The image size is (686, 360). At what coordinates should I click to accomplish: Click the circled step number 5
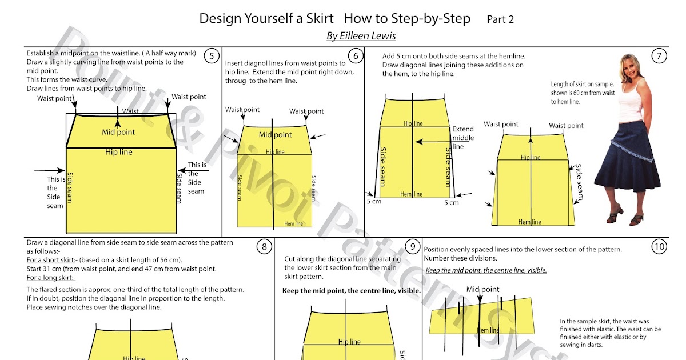(212, 56)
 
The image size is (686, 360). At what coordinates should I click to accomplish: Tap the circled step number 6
(356, 56)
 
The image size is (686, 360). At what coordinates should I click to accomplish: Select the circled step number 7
(659, 56)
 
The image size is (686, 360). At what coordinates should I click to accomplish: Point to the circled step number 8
(264, 247)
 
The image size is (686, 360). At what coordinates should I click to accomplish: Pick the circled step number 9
(412, 247)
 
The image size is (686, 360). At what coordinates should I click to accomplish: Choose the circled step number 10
(659, 247)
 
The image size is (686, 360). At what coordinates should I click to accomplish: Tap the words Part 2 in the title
(500, 19)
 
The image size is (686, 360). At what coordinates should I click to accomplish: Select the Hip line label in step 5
(119, 153)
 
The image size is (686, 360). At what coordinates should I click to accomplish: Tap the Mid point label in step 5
(118, 132)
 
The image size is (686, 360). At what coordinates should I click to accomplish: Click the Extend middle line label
(463, 138)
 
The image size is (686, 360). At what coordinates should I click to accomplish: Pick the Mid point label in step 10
(483, 289)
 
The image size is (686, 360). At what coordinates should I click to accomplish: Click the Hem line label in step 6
(294, 223)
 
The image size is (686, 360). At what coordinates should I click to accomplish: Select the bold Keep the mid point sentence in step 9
(352, 291)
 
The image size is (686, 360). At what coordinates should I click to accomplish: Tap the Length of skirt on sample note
(583, 93)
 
